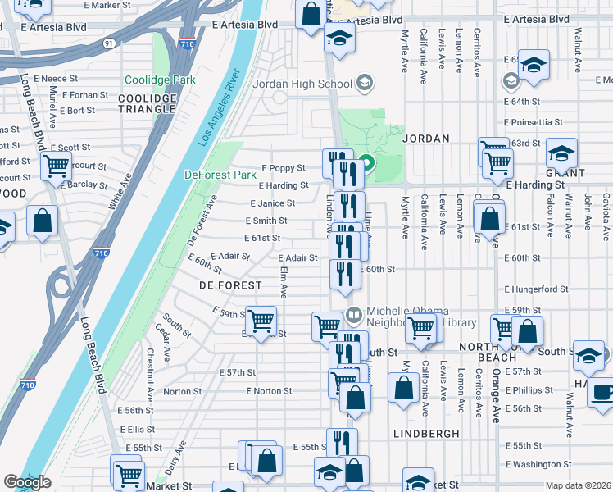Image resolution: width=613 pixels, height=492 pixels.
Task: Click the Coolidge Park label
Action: point(160,80)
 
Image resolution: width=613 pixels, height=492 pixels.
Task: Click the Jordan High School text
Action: point(302,84)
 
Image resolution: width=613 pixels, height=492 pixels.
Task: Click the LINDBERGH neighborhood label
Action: point(422,432)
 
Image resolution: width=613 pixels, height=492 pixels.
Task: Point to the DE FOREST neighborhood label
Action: point(230,285)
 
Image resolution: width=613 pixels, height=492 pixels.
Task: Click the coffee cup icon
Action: point(603,391)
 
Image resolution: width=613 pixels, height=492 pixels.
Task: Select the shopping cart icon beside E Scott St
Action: point(57,166)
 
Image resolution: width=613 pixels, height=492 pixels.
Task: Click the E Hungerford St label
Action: point(536,289)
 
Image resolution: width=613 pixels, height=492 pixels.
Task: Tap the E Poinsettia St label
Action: point(534,122)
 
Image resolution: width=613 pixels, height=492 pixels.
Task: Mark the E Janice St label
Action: point(272,203)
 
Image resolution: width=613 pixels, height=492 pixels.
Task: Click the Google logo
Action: point(27,482)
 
